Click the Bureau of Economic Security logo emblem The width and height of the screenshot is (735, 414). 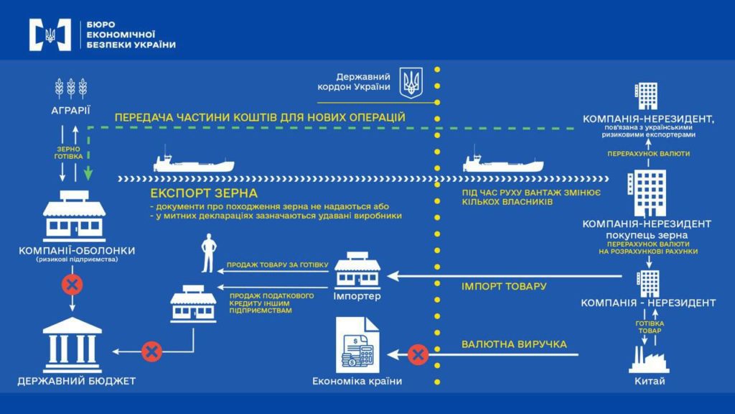point(50,34)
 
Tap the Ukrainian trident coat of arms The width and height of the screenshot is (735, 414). point(411,83)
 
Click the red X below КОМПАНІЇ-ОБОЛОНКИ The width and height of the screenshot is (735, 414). point(71,285)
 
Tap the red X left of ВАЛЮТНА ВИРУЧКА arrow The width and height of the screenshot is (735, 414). point(418,354)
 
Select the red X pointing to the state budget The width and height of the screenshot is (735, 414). point(151,351)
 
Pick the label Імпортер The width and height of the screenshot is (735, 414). point(357,296)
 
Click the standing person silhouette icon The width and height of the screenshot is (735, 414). point(208,254)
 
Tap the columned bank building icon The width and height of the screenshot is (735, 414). point(72,343)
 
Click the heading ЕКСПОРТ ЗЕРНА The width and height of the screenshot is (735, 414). point(204,193)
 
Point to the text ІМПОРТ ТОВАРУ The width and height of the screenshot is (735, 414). point(503,286)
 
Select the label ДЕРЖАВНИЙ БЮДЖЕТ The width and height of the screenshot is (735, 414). point(77,380)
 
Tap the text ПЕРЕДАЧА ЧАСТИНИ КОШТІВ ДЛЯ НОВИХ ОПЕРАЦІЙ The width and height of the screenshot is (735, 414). point(260,116)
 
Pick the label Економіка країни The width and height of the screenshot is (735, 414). point(357,382)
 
